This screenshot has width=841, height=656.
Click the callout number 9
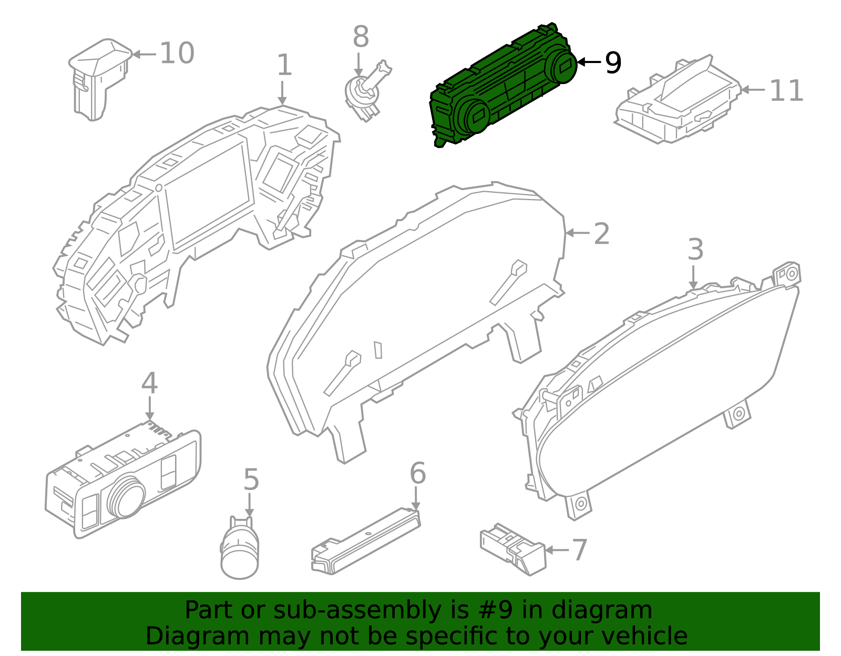tap(613, 63)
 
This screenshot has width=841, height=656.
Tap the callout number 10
tap(177, 54)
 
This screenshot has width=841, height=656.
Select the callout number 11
tap(786, 91)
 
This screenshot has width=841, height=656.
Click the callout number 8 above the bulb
tap(361, 37)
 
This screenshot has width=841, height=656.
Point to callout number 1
tap(284, 65)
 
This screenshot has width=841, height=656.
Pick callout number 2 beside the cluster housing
tap(601, 234)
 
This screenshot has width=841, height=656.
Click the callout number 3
tap(695, 250)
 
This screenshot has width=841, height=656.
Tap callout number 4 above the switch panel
tap(149, 383)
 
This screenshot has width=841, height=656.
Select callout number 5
tap(251, 480)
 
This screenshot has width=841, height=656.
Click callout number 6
tap(417, 474)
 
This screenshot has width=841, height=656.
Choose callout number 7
tap(579, 550)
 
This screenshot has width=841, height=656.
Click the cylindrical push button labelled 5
tap(240, 551)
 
